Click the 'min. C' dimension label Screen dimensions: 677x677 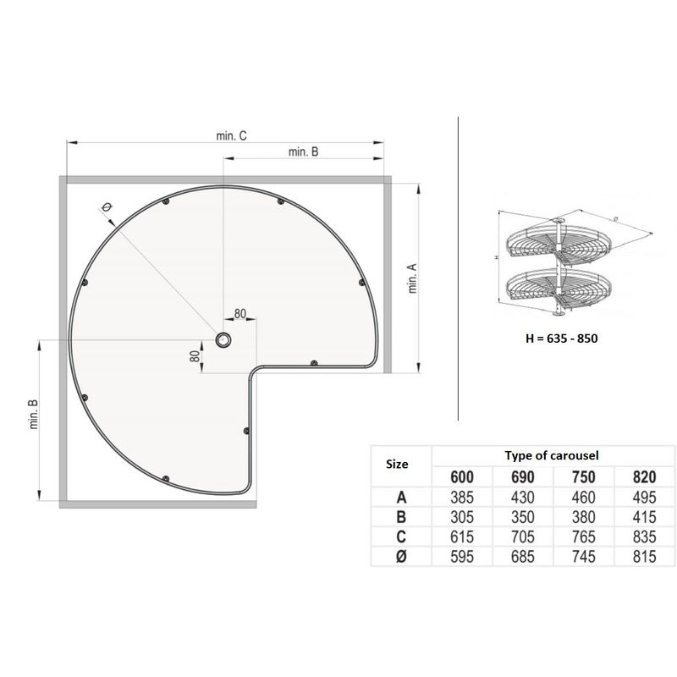pyautogui.click(x=231, y=135)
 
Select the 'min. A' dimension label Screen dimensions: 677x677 pyautogui.click(x=413, y=278)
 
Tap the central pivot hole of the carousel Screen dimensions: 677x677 pyautogui.click(x=223, y=340)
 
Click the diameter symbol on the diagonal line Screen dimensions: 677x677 pyautogui.click(x=106, y=207)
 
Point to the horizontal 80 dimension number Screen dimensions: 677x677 pyautogui.click(x=239, y=313)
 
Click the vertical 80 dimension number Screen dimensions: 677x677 pyautogui.click(x=195, y=355)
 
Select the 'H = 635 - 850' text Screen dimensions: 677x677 pyautogui.click(x=562, y=338)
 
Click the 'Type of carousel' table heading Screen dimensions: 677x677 pyautogui.click(x=552, y=455)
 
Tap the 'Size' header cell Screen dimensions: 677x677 pyautogui.click(x=397, y=464)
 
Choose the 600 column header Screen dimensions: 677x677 pyautogui.click(x=462, y=476)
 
